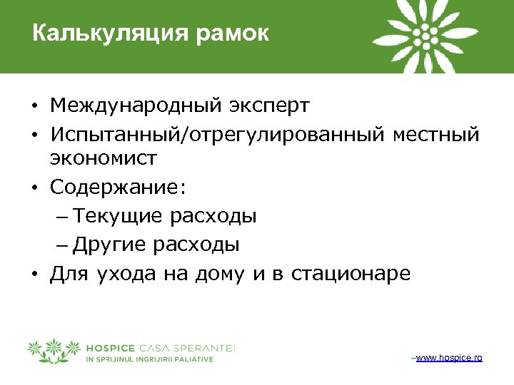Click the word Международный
tap(136, 106)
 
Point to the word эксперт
tap(270, 106)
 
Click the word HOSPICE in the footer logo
tap(111, 348)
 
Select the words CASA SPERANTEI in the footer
tap(189, 348)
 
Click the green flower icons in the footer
tap(53, 350)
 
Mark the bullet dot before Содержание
tap(34, 188)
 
